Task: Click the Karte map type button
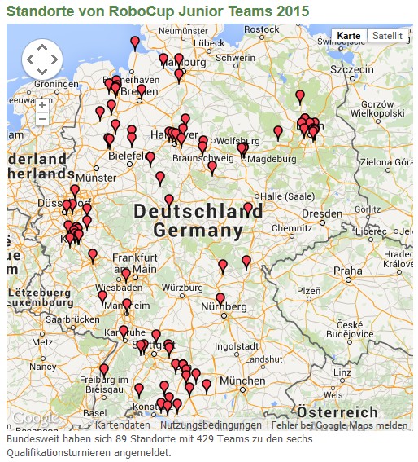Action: pos(349,36)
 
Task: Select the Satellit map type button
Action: pos(386,36)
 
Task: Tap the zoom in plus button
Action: pos(42,105)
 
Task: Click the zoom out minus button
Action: pos(42,119)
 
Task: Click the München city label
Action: pos(242,381)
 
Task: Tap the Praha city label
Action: pos(347,271)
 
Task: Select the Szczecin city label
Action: pos(351,69)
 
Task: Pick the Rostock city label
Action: pos(261,29)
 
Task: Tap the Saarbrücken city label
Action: pos(68,320)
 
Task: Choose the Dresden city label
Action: pos(320,213)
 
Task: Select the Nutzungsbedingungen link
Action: pos(211,425)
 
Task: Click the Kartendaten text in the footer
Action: pos(122,425)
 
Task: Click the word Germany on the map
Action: pos(198,231)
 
